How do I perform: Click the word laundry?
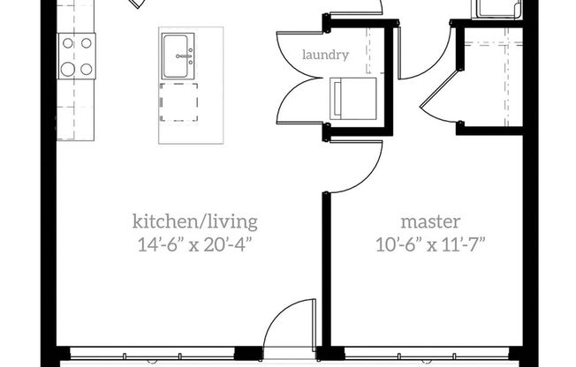(325, 55)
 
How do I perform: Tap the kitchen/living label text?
(195, 220)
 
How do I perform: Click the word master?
(430, 220)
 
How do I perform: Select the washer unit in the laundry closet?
(352, 97)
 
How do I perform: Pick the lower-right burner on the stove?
(87, 68)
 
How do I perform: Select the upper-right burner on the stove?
(87, 41)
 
